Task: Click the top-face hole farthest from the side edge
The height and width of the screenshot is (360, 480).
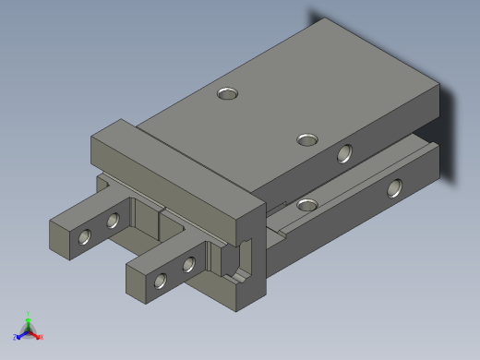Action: tap(228, 92)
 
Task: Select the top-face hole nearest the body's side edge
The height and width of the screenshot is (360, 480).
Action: tap(308, 139)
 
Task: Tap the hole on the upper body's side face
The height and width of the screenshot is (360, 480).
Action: tap(345, 153)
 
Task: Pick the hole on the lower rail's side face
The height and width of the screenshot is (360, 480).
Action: tap(395, 188)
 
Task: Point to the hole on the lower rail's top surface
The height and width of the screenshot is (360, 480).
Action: tap(306, 203)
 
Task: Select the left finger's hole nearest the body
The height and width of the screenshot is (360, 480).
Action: tap(114, 220)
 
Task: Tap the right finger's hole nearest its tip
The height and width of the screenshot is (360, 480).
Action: tap(161, 281)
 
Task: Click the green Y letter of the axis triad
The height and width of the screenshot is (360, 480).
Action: tap(30, 313)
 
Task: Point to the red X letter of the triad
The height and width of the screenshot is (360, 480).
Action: tap(42, 337)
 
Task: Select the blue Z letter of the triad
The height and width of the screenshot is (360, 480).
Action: tap(16, 337)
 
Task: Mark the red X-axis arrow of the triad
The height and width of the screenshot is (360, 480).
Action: tap(36, 333)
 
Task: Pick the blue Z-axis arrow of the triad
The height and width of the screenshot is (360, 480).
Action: tap(22, 333)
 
